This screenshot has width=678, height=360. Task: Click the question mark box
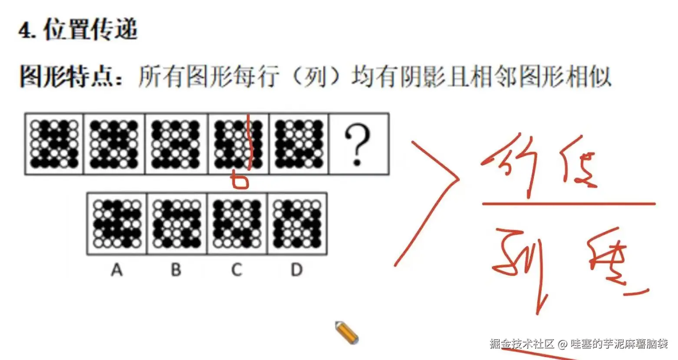click(x=359, y=144)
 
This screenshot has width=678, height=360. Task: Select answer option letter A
click(x=117, y=270)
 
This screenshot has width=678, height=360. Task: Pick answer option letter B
click(x=176, y=270)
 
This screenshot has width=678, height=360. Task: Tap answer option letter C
click(x=237, y=270)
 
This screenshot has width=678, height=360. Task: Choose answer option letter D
click(x=296, y=270)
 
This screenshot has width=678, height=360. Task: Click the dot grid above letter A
click(x=117, y=224)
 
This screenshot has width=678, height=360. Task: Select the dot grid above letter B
click(x=178, y=224)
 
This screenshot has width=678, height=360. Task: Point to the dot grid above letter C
click(x=237, y=224)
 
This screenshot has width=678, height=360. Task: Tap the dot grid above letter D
click(x=297, y=224)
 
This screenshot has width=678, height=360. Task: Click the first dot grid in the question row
click(x=54, y=144)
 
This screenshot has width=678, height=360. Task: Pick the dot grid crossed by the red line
click(x=239, y=144)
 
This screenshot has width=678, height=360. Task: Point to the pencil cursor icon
click(x=346, y=333)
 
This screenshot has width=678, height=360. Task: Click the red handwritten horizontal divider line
click(x=569, y=203)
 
